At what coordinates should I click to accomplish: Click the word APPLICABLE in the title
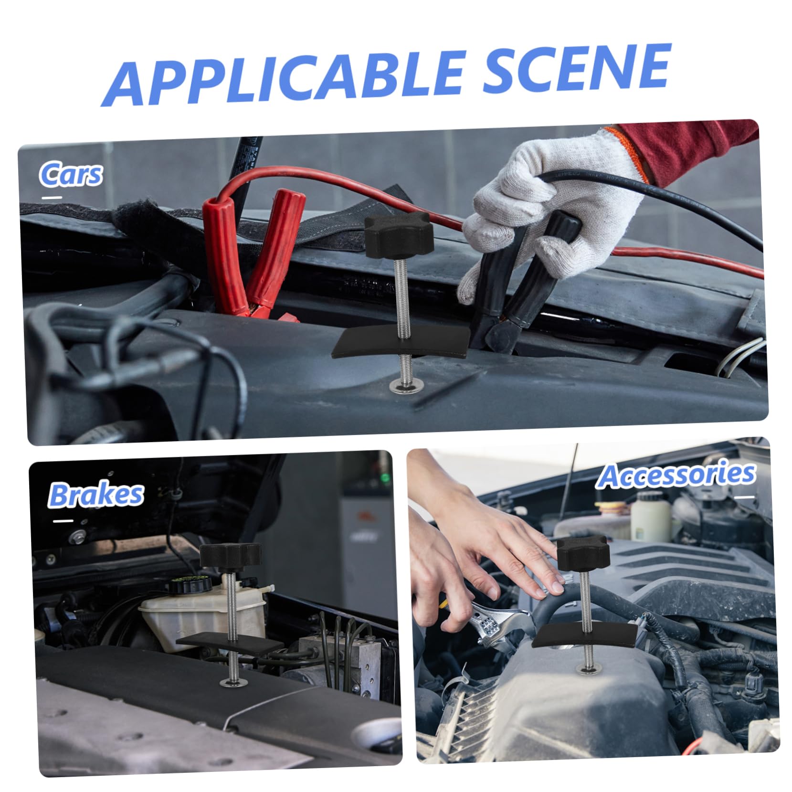[282, 76]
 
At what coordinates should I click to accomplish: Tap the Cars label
[71, 174]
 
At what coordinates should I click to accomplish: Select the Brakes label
[95, 494]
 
